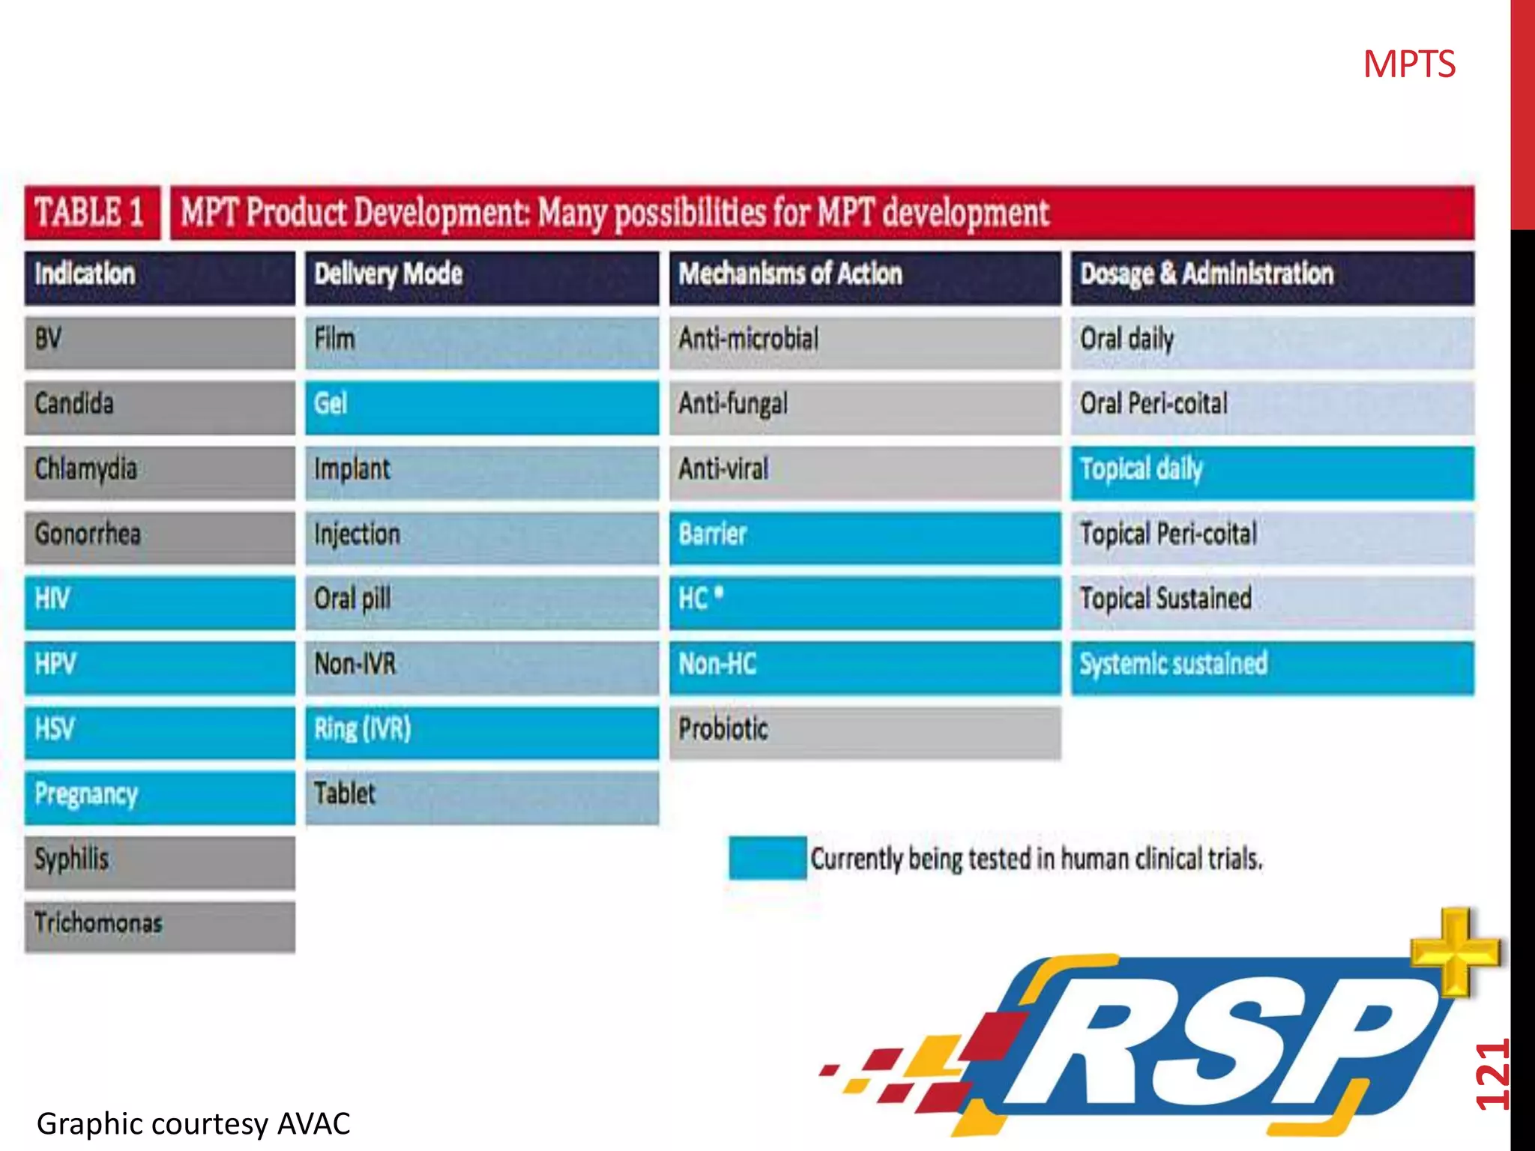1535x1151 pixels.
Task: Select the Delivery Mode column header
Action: tap(481, 277)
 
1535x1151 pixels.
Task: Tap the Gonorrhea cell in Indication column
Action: tap(159, 536)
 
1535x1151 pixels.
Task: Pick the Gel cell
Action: tap(481, 406)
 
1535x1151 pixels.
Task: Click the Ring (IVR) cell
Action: tap(481, 731)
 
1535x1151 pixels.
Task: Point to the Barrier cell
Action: tap(864, 536)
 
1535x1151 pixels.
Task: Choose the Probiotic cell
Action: tap(864, 731)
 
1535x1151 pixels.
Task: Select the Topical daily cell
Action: tap(1271, 471)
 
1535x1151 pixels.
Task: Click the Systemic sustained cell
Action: tap(1271, 666)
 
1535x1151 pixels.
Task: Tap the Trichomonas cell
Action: tap(159, 925)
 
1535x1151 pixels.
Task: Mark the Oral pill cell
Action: tap(481, 601)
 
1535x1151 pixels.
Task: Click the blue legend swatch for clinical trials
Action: tap(767, 858)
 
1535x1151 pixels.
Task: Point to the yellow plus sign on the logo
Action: tap(1455, 952)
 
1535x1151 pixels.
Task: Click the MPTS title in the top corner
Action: tap(1408, 65)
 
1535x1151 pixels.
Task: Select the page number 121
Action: tap(1492, 1075)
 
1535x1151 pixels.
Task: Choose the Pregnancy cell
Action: tap(159, 796)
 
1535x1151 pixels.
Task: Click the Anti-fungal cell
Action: tap(864, 406)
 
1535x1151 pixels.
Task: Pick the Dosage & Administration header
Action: tap(1271, 277)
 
